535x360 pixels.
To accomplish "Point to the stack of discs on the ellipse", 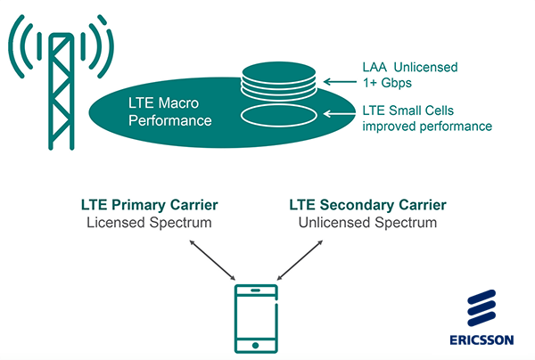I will tap(278, 81).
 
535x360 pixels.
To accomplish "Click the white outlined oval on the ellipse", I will tap(278, 115).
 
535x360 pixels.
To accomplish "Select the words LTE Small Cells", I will tap(409, 110).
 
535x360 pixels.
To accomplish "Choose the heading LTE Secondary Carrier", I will tap(368, 205).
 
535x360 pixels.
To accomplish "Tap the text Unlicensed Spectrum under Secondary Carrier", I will tap(368, 222).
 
